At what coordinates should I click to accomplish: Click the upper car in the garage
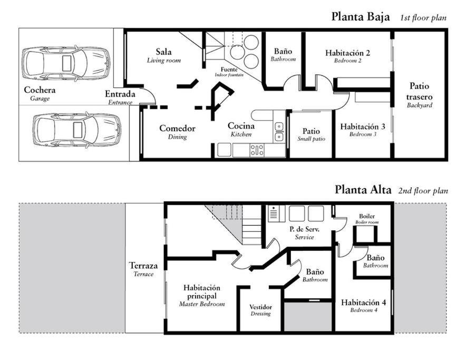66,63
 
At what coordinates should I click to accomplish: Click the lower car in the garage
76,130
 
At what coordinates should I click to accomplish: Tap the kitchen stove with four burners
257,150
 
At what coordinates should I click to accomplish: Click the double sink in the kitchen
279,132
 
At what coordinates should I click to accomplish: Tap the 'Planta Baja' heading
361,17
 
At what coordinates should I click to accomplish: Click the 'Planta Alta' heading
363,190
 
